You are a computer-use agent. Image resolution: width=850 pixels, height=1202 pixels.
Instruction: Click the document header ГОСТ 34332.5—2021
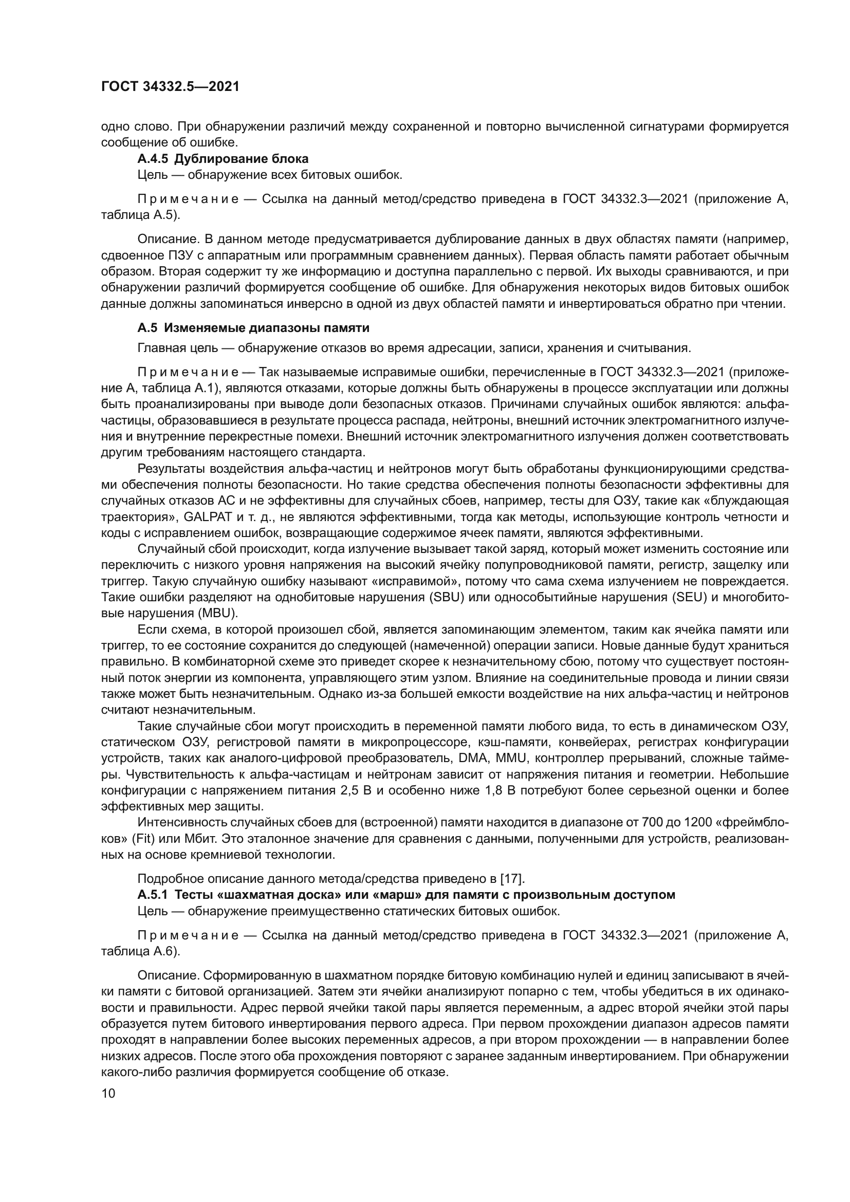coord(170,87)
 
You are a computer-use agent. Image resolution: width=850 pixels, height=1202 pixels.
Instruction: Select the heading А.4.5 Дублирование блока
coord(223,159)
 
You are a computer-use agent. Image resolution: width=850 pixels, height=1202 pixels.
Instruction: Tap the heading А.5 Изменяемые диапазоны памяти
coord(253,328)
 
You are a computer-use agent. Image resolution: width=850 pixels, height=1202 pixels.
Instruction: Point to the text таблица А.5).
coord(140,215)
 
